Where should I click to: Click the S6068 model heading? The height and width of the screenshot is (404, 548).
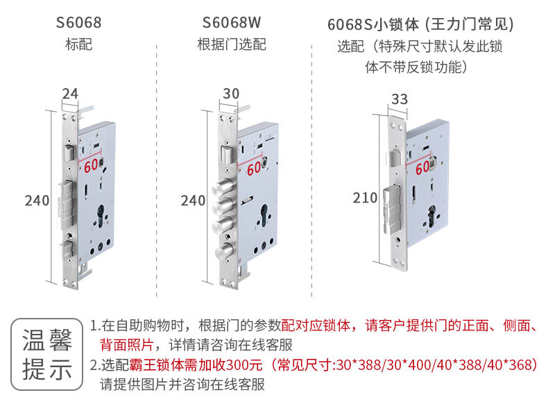click(x=78, y=23)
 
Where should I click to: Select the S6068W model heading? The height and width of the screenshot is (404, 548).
click(x=232, y=23)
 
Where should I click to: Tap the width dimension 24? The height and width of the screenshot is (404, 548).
click(x=70, y=94)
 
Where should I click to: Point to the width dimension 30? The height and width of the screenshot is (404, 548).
click(x=231, y=94)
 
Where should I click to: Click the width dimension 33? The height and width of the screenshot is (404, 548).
click(x=400, y=99)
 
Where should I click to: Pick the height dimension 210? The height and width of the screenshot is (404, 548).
click(x=365, y=198)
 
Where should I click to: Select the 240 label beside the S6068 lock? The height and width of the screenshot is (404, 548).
click(x=37, y=201)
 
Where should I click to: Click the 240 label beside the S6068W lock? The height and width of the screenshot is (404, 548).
click(x=193, y=201)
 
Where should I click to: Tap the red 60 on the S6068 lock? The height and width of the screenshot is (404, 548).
click(x=91, y=165)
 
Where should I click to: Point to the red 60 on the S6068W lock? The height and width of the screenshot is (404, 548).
click(x=254, y=169)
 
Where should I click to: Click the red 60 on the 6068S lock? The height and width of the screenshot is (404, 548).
click(x=422, y=167)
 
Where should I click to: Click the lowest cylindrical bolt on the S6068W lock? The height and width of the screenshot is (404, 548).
click(x=224, y=250)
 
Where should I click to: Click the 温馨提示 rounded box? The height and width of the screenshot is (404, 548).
click(x=47, y=354)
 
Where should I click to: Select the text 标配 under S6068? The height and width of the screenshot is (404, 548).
click(x=78, y=44)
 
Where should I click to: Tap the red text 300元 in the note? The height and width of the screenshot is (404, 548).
click(x=244, y=365)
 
